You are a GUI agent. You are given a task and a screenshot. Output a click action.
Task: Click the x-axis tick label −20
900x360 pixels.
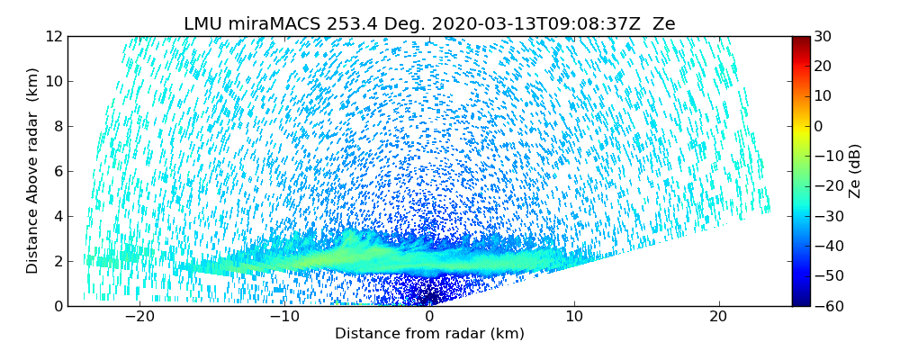tap(139, 317)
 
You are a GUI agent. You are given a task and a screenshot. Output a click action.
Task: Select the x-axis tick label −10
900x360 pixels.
tap(284, 317)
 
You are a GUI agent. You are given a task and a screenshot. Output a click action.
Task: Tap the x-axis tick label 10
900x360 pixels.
tap(575, 317)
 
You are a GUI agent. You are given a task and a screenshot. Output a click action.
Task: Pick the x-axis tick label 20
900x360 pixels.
tap(719, 317)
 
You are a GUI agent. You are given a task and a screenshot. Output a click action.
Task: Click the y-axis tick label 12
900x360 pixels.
tap(54, 37)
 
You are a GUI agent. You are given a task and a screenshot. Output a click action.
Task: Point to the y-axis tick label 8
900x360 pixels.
tap(58, 127)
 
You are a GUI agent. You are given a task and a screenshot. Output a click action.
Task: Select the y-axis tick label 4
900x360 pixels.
tap(58, 217)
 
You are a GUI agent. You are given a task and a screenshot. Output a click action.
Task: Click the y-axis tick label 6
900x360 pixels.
tap(58, 172)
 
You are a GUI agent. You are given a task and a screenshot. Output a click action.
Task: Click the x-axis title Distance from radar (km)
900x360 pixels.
tap(429, 334)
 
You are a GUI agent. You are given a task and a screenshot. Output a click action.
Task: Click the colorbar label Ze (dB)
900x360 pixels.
tap(855, 171)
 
